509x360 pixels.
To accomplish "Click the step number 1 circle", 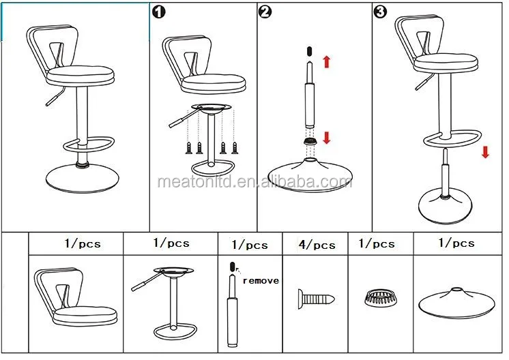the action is [x=158, y=13].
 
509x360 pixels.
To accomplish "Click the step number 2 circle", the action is [x=265, y=13].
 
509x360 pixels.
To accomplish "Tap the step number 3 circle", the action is [x=379, y=13].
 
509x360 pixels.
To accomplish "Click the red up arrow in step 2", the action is [x=326, y=61].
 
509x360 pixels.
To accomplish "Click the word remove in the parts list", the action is [x=261, y=280].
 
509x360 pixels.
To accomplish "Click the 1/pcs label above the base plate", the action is [x=456, y=243].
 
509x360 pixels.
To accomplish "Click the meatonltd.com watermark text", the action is [x=254, y=182].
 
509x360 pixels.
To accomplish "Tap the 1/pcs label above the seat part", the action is [x=82, y=243].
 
